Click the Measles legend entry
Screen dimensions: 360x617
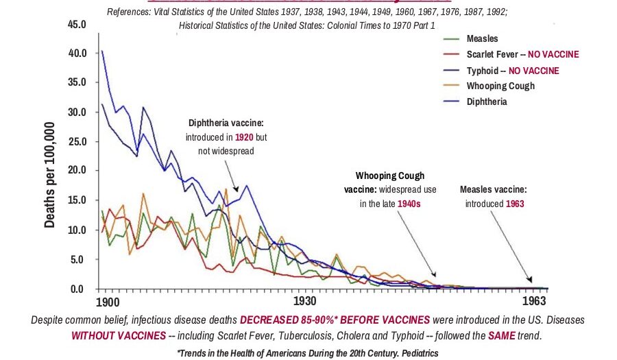(x=482, y=39)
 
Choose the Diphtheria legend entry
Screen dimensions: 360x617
(x=487, y=101)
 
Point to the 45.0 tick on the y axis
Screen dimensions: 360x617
(x=77, y=25)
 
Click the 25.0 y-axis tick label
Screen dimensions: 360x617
(x=77, y=142)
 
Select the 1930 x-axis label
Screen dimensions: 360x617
(x=304, y=302)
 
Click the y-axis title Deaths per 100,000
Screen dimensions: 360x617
(x=51, y=176)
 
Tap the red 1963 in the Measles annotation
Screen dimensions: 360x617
(x=516, y=204)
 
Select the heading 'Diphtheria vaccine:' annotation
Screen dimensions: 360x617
(x=226, y=123)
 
